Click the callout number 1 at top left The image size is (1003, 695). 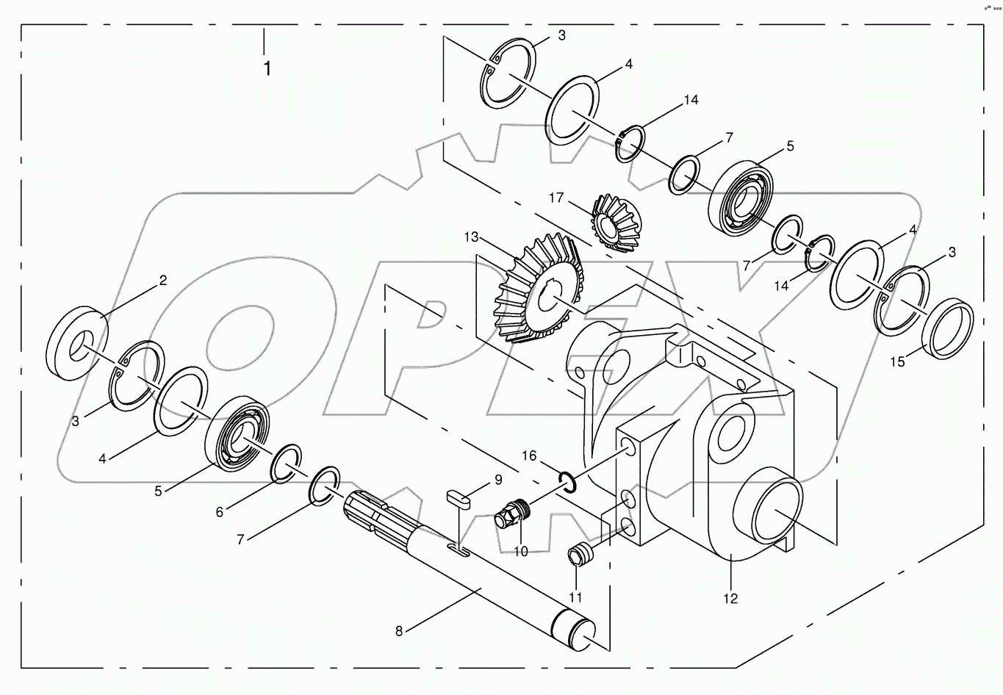coord(267,69)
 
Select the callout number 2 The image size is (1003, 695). coord(163,280)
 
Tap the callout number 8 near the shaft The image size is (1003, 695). coord(399,630)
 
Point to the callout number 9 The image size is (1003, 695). coord(498,480)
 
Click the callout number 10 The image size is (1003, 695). coord(520,551)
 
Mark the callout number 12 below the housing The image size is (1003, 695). coord(730,598)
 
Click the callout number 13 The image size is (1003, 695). coord(471,237)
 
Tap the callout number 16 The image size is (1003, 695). coord(530,455)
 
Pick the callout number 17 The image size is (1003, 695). coord(556,198)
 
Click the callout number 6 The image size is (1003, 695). coord(219,512)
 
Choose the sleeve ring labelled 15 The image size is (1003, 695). coord(948,332)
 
